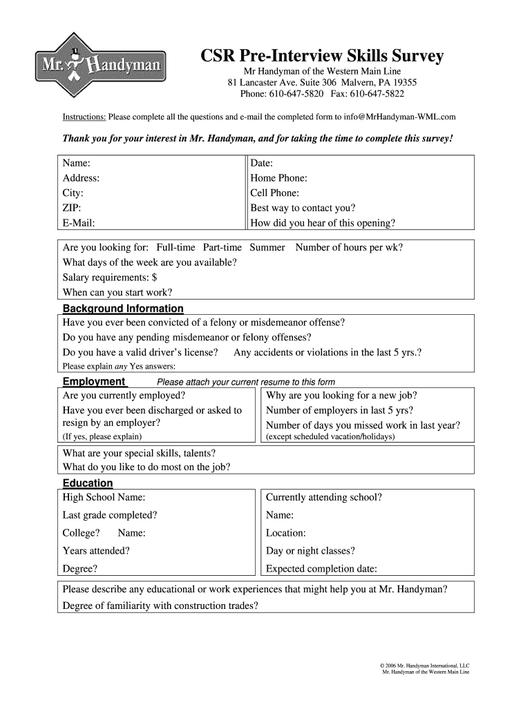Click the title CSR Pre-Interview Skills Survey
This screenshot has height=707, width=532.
(x=322, y=56)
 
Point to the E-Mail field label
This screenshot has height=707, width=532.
(x=79, y=223)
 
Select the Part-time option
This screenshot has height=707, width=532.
(x=222, y=247)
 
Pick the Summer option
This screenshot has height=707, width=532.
(x=267, y=247)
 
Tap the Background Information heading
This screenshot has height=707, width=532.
(x=123, y=309)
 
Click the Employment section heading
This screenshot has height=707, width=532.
(x=94, y=382)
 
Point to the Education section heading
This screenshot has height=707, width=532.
(x=88, y=483)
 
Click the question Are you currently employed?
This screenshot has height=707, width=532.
(x=124, y=396)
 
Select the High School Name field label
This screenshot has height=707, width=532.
(x=104, y=497)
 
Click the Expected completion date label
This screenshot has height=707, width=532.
(x=321, y=569)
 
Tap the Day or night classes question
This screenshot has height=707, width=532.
(x=310, y=551)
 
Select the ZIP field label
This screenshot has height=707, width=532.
(x=72, y=208)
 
